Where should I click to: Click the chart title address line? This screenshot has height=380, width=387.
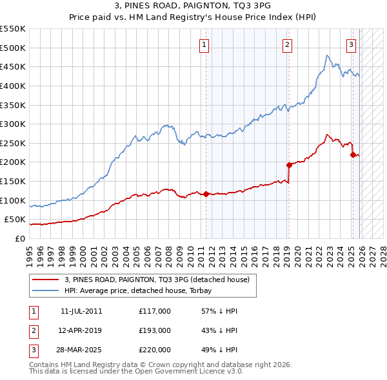pyautogui.click(x=193, y=6)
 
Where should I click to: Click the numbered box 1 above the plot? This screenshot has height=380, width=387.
pyautogui.click(x=204, y=44)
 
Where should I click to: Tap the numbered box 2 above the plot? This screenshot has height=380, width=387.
pyautogui.click(x=286, y=44)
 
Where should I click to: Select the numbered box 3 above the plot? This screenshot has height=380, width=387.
pyautogui.click(x=351, y=44)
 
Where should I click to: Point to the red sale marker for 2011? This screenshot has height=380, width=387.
pyautogui.click(x=206, y=194)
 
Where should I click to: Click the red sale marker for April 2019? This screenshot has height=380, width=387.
pyautogui.click(x=290, y=165)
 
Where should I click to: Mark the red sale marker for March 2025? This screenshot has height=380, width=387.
pyautogui.click(x=353, y=155)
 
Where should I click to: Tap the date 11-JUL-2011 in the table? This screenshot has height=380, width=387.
pyautogui.click(x=81, y=311)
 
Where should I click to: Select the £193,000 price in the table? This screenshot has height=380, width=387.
pyautogui.click(x=155, y=330)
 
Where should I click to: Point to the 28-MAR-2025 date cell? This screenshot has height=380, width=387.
pyautogui.click(x=81, y=350)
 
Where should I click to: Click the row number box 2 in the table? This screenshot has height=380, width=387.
pyautogui.click(x=33, y=330)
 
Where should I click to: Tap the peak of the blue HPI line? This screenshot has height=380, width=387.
pyautogui.click(x=328, y=56)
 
